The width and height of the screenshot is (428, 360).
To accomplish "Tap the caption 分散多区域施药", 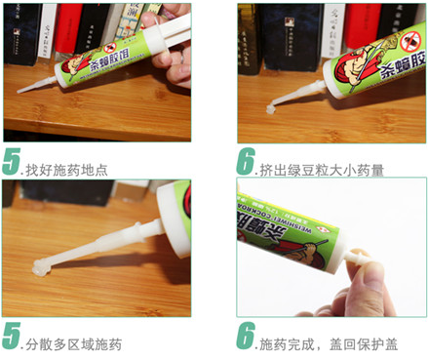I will click(74, 344).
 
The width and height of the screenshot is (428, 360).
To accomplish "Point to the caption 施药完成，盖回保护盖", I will click(327, 344).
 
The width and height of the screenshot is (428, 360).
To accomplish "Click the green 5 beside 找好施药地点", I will click(12, 162).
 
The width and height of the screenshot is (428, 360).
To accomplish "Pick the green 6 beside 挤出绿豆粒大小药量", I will click(247, 162).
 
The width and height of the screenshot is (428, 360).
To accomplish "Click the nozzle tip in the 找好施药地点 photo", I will click(20, 90).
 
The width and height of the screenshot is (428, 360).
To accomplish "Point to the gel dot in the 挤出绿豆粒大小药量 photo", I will click(270, 110).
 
